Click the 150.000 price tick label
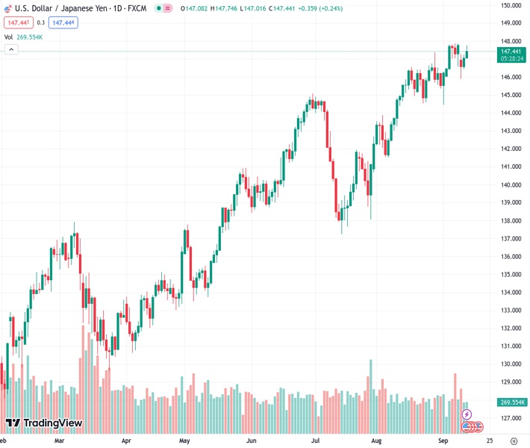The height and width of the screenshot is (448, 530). click(511, 5)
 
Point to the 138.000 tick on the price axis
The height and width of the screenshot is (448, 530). click(511, 220)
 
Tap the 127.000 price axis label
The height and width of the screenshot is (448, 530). click(511, 417)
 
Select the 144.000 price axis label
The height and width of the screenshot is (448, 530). click(511, 113)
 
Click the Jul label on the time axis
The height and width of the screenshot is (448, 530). click(316, 441)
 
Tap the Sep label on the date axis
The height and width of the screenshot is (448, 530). click(443, 441)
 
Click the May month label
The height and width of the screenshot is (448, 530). click(184, 441)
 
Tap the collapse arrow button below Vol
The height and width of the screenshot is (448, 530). click(11, 49)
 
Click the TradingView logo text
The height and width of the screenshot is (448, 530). click(52, 423)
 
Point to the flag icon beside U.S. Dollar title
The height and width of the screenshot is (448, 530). click(8, 8)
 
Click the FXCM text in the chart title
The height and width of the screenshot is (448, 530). click(137, 8)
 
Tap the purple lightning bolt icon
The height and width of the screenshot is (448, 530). click(467, 414)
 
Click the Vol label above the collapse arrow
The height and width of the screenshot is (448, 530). click(8, 37)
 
